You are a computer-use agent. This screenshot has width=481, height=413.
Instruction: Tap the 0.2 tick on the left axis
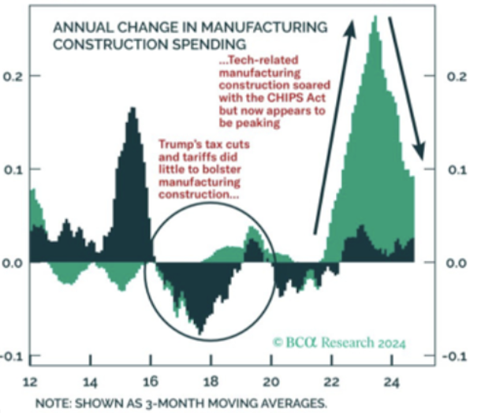tap(13, 76)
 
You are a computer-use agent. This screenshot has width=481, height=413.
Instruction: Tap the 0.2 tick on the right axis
tap(458, 76)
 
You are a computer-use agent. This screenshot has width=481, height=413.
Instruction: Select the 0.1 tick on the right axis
tap(458, 169)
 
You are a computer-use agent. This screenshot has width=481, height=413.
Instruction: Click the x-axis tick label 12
tap(30, 382)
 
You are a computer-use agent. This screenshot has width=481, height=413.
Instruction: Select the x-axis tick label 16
tap(151, 382)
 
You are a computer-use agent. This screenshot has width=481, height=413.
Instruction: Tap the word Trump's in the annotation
tap(179, 144)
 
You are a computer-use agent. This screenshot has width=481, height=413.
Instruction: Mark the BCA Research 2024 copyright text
tap(339, 343)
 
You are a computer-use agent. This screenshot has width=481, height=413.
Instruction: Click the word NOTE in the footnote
tap(49, 404)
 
